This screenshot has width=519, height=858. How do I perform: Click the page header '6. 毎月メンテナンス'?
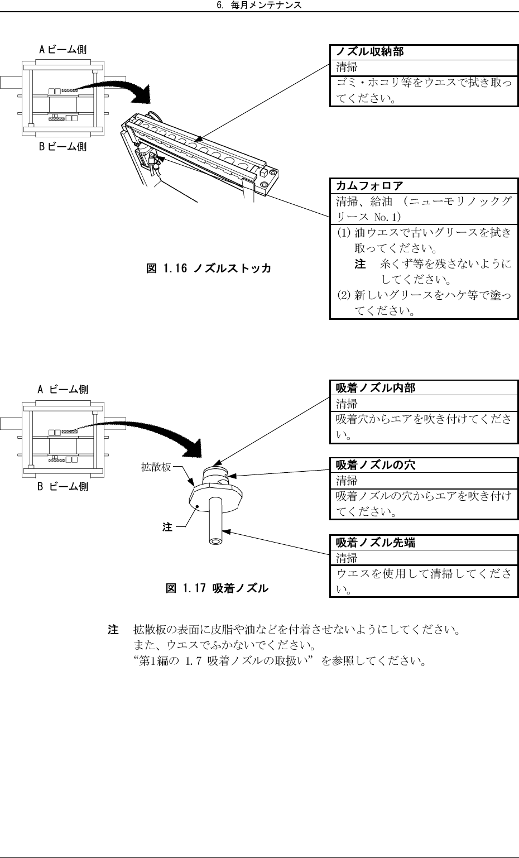[259, 5]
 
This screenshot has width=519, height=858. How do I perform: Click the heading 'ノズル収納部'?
[369, 52]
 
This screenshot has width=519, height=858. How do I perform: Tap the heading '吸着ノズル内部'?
[375, 388]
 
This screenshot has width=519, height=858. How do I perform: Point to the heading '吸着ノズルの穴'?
[375, 465]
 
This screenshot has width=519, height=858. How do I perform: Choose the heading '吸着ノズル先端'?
[375, 542]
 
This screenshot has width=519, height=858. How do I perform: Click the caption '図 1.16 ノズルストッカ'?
[209, 269]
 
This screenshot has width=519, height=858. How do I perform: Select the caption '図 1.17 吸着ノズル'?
[217, 588]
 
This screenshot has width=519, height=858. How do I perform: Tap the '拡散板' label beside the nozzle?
[156, 467]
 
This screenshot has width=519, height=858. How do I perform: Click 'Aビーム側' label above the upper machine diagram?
[63, 50]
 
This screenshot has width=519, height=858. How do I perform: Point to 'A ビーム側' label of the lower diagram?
[63, 389]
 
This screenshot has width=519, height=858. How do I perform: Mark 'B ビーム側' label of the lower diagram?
[63, 486]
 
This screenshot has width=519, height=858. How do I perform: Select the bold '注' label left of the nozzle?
[167, 527]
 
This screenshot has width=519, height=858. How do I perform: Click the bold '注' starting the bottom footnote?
[113, 630]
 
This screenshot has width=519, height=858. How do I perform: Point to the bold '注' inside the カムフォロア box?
[361, 263]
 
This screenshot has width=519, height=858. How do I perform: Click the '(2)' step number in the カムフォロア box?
[344, 295]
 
